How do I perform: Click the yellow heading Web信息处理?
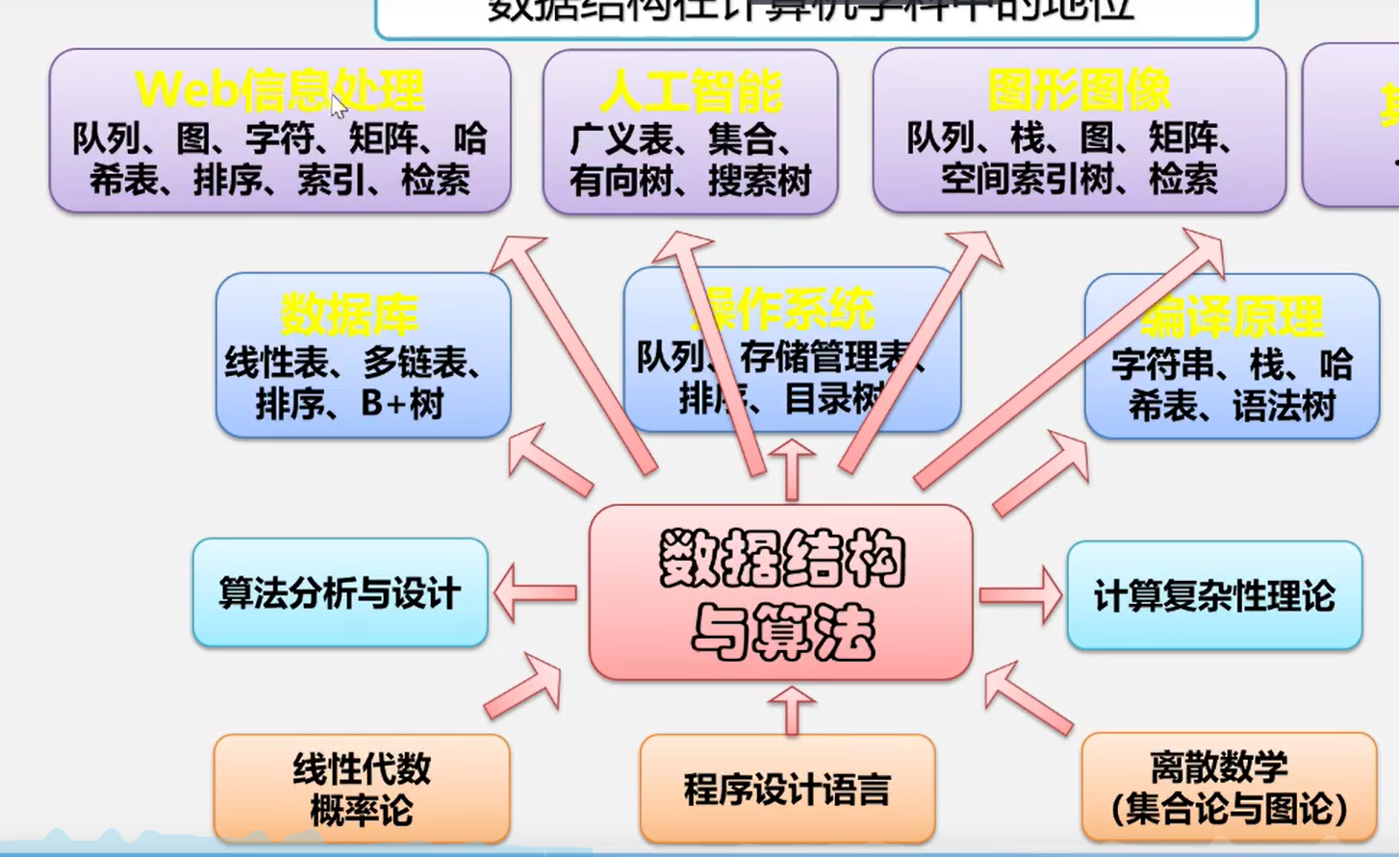tap(279, 90)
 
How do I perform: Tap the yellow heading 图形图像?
tap(1079, 91)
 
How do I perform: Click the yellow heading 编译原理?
tap(1233, 316)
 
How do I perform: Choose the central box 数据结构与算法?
tap(781, 593)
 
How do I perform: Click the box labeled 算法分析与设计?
tap(340, 593)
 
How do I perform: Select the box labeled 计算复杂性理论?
tap(1214, 595)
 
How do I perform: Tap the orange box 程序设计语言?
tap(787, 790)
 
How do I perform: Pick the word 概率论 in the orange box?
tap(361, 810)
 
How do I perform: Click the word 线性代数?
tap(362, 769)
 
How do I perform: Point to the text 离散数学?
tap(1219, 767)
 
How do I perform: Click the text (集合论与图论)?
tap(1229, 808)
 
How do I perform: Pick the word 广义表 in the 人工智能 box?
tap(621, 139)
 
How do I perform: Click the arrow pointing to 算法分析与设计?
tap(535, 592)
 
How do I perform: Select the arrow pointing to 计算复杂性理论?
tap(1020, 594)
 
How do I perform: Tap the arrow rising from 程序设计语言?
tap(792, 711)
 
